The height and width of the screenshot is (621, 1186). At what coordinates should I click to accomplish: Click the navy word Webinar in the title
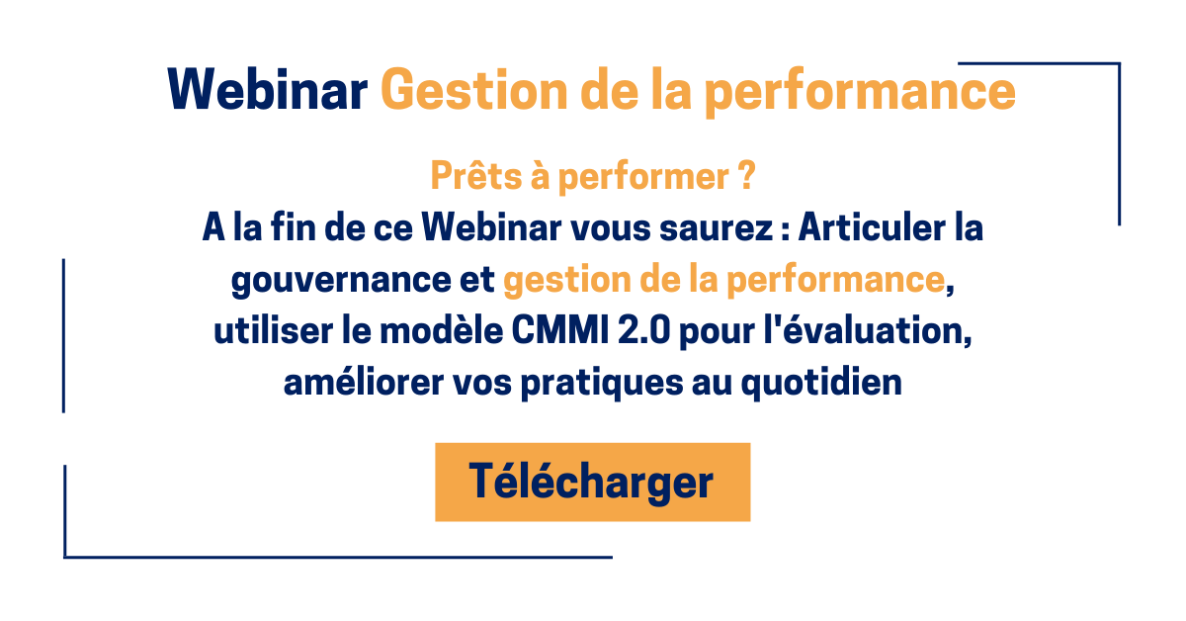(268, 90)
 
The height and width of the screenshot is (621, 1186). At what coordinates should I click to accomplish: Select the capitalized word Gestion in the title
(473, 90)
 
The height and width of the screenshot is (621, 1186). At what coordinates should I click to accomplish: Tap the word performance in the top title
(861, 94)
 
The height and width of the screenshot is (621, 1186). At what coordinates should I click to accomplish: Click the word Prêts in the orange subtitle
(476, 175)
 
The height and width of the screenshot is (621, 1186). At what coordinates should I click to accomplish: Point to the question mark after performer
(746, 175)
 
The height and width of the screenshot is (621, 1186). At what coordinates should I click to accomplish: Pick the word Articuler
(872, 226)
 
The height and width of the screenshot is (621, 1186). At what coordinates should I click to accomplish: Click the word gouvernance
(341, 280)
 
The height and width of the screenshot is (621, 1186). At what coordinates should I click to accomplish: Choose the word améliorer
(364, 382)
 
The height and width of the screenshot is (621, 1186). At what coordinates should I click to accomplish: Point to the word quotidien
(821, 383)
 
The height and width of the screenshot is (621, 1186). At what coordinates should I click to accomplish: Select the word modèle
(441, 330)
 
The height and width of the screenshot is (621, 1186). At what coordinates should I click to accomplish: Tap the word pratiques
(602, 384)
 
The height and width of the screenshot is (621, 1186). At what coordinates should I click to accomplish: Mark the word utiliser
(273, 330)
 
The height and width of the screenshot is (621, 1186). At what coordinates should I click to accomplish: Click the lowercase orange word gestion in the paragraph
(567, 281)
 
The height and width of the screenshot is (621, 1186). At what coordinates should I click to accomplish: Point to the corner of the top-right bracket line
(1119, 63)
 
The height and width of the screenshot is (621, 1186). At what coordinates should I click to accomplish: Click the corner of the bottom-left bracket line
(64, 557)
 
